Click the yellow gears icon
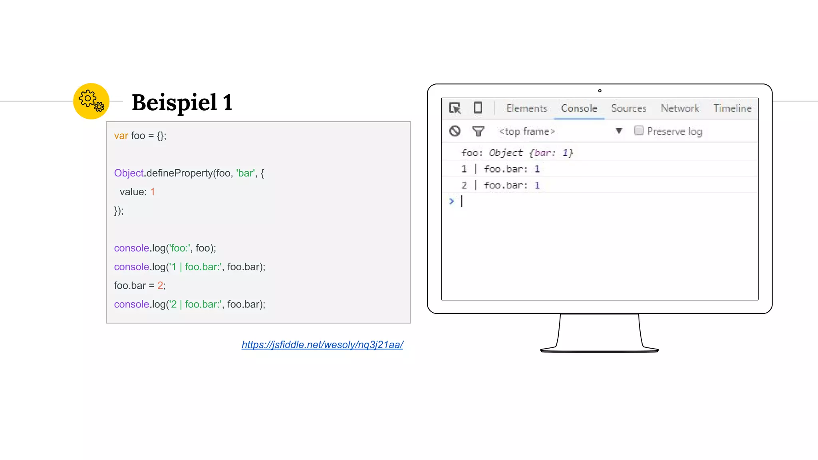point(91,101)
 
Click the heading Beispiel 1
point(182,103)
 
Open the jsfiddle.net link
point(322,345)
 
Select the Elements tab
point(526,108)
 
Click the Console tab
point(579,108)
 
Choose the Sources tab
point(628,108)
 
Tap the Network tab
point(680,108)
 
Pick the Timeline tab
point(732,108)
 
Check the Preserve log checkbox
point(639,131)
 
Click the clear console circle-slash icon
point(455,131)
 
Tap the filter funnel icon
point(478,131)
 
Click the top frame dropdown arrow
point(619,131)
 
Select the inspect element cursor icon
point(455,108)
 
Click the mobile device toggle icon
point(478,108)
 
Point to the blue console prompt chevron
point(451,201)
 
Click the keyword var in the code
point(121,136)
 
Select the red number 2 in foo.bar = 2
point(160,286)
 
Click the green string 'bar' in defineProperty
point(245,173)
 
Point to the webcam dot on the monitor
point(600,91)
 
